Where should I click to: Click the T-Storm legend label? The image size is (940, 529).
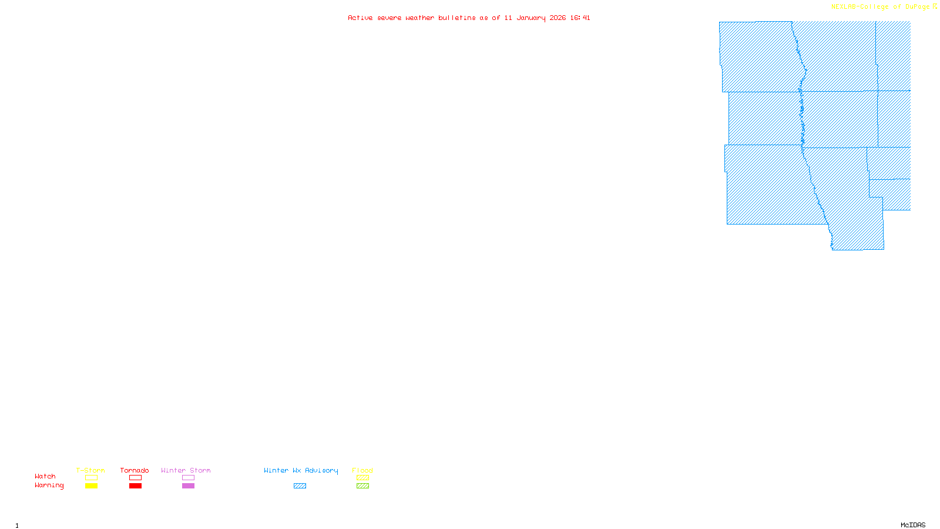[90, 470]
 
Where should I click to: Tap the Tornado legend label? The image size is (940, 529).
[135, 470]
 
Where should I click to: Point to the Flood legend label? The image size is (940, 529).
[362, 470]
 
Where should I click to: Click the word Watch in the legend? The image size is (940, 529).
[45, 476]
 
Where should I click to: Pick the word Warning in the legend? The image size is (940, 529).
[49, 486]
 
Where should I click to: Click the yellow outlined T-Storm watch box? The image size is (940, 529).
[91, 478]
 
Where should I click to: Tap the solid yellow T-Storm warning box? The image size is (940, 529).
[91, 486]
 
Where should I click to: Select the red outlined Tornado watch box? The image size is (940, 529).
[135, 478]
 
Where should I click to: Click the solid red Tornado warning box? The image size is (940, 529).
[135, 486]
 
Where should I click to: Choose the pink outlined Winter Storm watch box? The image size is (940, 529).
[188, 478]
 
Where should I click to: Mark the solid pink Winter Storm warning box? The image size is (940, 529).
[188, 486]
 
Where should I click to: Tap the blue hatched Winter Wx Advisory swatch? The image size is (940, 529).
[300, 486]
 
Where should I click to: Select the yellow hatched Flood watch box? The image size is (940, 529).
[362, 478]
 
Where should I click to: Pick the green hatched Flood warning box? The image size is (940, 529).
[362, 486]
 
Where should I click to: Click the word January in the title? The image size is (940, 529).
[531, 18]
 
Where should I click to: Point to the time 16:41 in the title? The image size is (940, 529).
[580, 18]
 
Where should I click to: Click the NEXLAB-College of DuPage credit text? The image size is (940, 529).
[881, 7]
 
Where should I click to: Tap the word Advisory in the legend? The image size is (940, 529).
[321, 470]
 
